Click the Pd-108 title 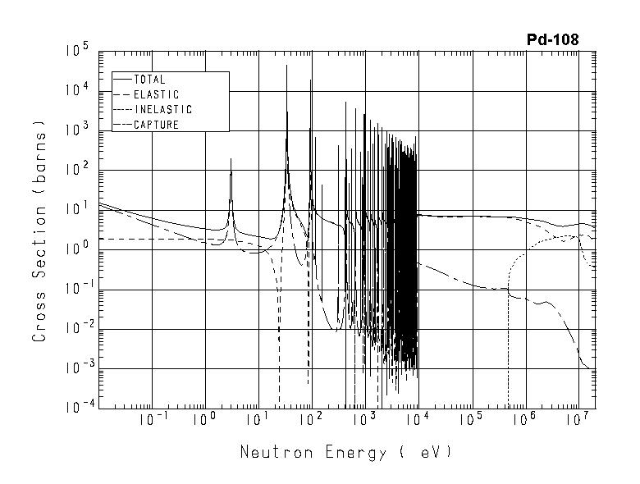[552, 39]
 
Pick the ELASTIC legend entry [156, 95]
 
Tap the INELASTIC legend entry [162, 110]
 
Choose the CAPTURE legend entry [156, 125]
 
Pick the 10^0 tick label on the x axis [205, 420]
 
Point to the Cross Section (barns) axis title [39, 232]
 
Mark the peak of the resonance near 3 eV [231, 159]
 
